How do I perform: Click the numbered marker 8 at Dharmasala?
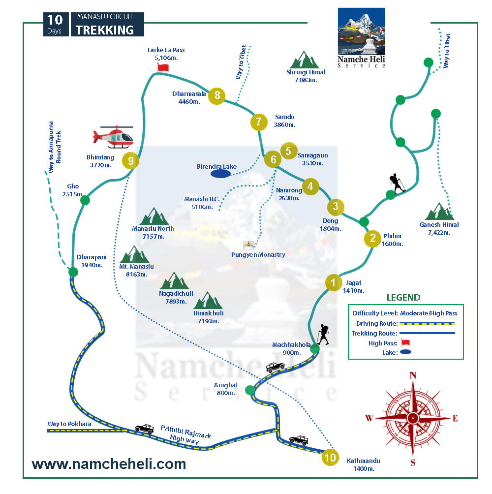pos(217,95)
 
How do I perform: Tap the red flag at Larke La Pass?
pos(163,67)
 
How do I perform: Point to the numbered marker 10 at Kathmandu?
pos(330,457)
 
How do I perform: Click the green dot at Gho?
pos(85,200)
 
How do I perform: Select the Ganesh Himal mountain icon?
pos(439,212)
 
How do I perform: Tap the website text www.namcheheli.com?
pos(109,464)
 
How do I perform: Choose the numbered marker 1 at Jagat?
pos(333,282)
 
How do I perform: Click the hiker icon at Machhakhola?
pos(322,335)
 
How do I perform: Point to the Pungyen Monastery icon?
pos(249,245)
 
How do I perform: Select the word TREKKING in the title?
pos(105,30)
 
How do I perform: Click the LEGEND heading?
pos(403,298)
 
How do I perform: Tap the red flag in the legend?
pos(405,343)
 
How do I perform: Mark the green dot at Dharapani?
pos(73,272)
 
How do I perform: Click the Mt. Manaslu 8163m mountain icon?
pos(134,255)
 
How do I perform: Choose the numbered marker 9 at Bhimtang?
pos(130,160)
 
